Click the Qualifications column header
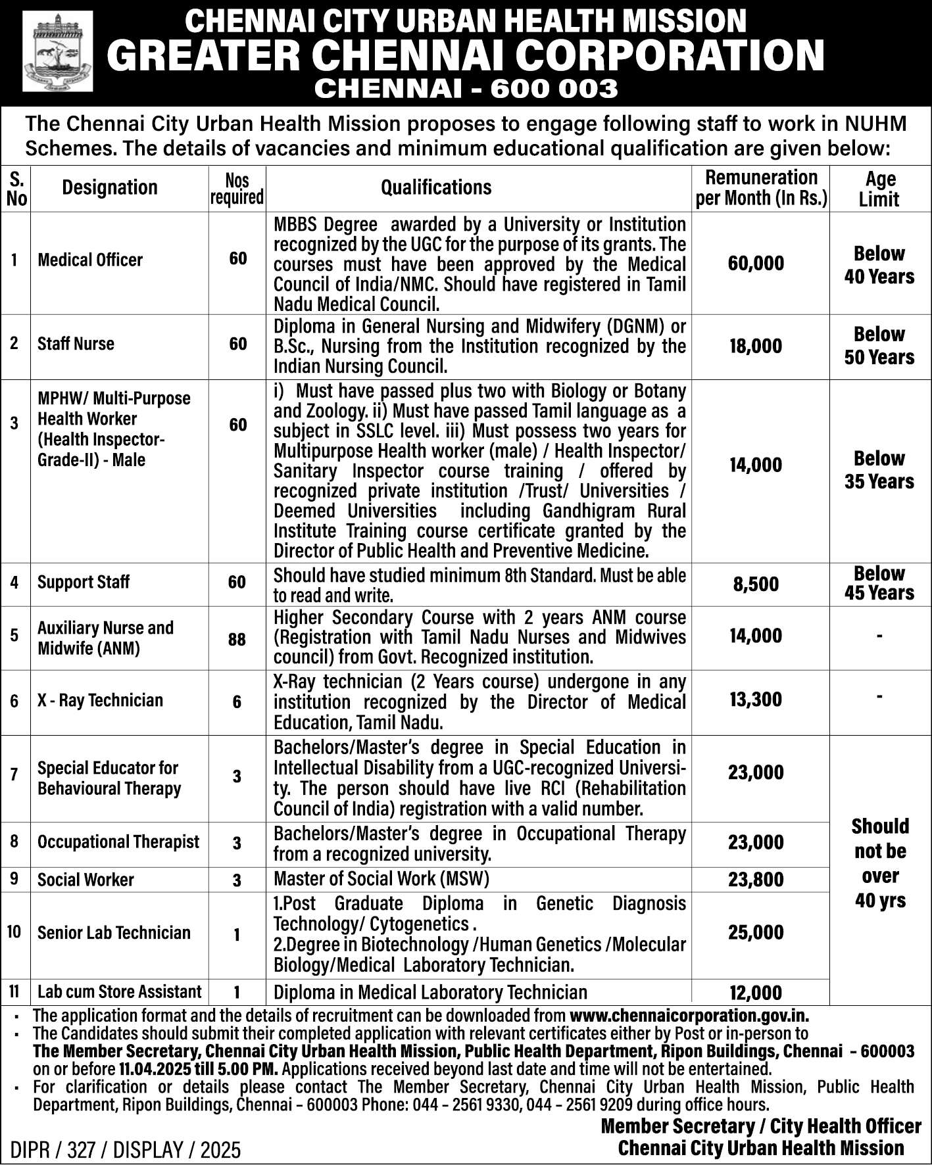(436, 187)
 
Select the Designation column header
(110, 187)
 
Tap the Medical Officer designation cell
(90, 260)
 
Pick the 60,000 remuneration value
(756, 264)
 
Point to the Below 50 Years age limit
(879, 346)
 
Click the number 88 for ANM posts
(237, 638)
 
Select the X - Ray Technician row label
(100, 700)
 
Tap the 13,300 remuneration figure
(756, 700)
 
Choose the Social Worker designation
(86, 880)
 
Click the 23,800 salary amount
(756, 880)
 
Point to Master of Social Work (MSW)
(381, 879)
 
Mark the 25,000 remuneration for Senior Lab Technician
(756, 932)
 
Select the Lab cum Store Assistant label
(119, 991)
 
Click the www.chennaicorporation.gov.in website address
(689, 1016)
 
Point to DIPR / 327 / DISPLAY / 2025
(126, 1150)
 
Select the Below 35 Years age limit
(879, 470)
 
